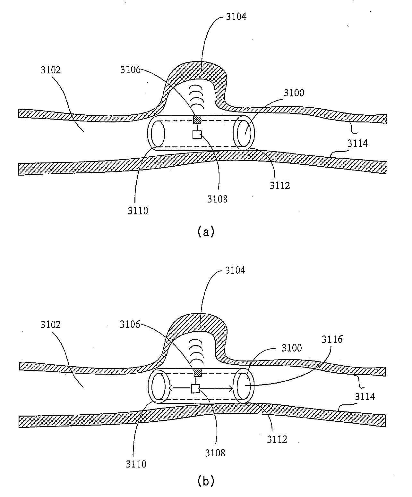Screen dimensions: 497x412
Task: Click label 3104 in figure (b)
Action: pos(235,270)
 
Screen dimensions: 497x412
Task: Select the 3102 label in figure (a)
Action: pos(51,70)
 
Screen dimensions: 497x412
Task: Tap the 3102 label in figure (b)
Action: pos(51,324)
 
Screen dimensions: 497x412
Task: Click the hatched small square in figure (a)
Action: pos(197,120)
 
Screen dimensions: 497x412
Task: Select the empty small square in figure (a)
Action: pos(197,135)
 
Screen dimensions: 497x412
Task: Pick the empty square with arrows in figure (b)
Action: pos(195,389)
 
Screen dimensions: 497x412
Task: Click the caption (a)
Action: pos(206,231)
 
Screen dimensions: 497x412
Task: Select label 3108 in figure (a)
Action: pos(217,199)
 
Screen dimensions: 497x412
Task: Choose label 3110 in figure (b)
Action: pos(137,464)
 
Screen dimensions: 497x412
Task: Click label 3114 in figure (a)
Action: pos(358,143)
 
